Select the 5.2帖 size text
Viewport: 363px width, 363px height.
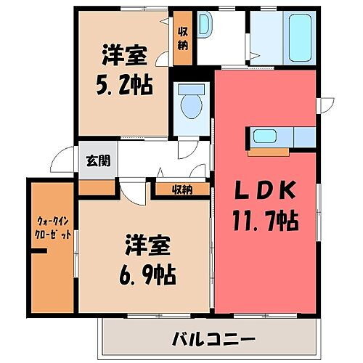(125, 85)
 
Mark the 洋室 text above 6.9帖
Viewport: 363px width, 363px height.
(150, 245)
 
